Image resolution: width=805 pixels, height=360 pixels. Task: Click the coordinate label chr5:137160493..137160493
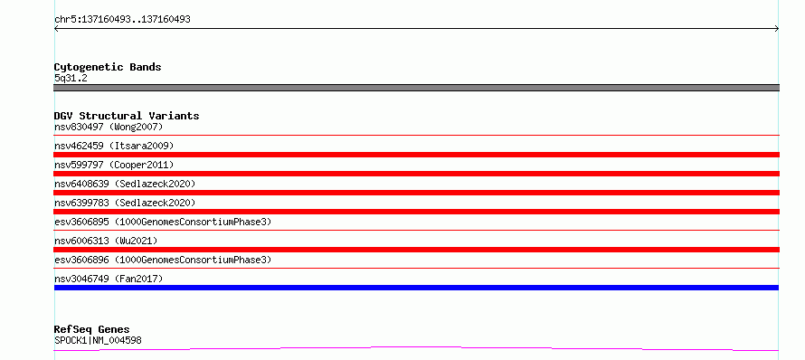(123, 20)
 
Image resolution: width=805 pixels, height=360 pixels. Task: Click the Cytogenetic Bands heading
(108, 67)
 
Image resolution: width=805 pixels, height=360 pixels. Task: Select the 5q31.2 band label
(71, 78)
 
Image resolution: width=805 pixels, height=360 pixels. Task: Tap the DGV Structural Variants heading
(127, 116)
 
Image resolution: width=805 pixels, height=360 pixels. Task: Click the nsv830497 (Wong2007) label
(109, 127)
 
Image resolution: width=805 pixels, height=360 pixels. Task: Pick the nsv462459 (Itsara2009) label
(114, 146)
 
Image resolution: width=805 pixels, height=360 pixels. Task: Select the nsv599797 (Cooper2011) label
(114, 165)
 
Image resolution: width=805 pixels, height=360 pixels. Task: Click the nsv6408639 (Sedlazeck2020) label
(125, 184)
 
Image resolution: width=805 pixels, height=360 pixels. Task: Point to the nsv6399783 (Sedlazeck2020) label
(125, 203)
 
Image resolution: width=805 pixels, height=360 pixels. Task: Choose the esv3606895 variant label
(163, 222)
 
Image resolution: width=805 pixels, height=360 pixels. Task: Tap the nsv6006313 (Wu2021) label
(106, 241)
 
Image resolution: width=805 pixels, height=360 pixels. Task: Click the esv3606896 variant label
(163, 260)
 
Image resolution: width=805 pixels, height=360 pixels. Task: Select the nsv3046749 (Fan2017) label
(109, 279)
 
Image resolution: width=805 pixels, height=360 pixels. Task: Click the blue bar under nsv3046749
(416, 288)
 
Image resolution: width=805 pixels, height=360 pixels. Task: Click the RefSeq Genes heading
(92, 329)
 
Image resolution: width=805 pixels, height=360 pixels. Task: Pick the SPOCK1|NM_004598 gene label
(98, 340)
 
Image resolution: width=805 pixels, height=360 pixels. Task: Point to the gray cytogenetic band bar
(416, 88)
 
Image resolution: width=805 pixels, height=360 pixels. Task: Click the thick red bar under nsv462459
(416, 155)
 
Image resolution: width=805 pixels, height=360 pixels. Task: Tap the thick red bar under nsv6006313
(416, 250)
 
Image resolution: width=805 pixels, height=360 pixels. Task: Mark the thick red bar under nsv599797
(416, 174)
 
